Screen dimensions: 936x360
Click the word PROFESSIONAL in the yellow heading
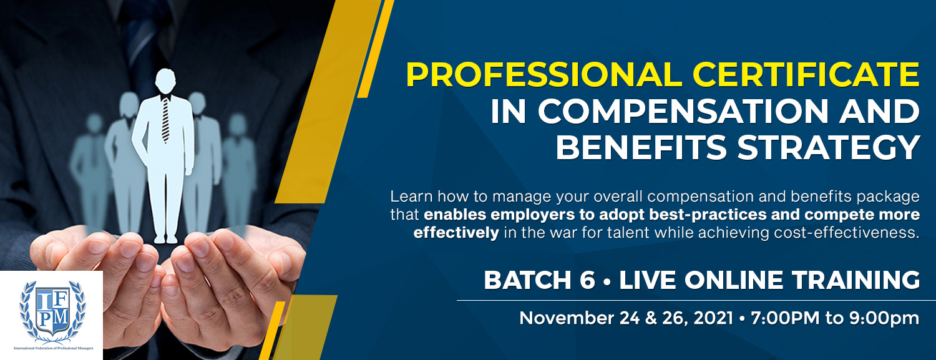(x=544, y=75)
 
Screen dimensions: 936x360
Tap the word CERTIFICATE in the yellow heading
(x=806, y=75)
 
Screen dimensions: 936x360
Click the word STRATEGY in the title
(x=829, y=147)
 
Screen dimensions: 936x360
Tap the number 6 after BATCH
(x=587, y=280)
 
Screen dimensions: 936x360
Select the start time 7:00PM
(x=785, y=318)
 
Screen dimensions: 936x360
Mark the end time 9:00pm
(x=884, y=318)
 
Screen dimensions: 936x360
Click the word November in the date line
(x=566, y=318)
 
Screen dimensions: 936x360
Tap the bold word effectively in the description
(x=456, y=233)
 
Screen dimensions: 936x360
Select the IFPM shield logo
(x=52, y=311)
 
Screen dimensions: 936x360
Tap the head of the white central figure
(x=165, y=82)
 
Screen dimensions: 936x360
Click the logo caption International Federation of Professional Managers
(x=54, y=348)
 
